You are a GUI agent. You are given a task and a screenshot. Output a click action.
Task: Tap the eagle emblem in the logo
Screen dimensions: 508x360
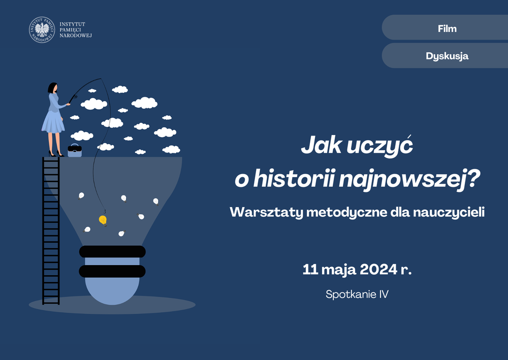tap(42, 30)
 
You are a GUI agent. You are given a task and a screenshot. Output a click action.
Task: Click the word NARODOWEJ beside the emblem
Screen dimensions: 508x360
tap(76, 36)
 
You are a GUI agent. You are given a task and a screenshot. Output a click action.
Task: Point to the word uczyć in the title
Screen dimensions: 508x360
tap(379, 145)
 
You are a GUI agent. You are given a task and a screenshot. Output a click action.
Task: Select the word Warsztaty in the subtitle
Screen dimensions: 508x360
tap(266, 212)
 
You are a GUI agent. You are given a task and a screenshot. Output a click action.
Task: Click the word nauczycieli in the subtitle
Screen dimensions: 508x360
tap(449, 212)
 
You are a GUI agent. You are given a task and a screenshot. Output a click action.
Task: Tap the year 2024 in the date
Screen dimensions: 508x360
tap(378, 269)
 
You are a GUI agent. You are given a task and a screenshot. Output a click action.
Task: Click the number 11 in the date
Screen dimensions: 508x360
tap(310, 269)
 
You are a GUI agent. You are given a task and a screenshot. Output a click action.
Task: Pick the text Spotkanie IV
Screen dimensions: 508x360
tap(357, 294)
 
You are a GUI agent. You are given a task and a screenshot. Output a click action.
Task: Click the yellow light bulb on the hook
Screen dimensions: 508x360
tap(103, 221)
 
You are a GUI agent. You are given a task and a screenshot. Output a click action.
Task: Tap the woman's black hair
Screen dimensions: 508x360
tap(52, 88)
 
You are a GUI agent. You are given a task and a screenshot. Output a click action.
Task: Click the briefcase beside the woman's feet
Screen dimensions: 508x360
tap(75, 150)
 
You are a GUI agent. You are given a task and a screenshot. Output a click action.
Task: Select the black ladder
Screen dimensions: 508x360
tap(51, 231)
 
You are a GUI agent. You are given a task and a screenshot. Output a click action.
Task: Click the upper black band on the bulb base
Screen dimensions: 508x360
tap(112, 251)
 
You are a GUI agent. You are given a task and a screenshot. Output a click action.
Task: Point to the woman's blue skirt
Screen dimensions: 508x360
tap(53, 122)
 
